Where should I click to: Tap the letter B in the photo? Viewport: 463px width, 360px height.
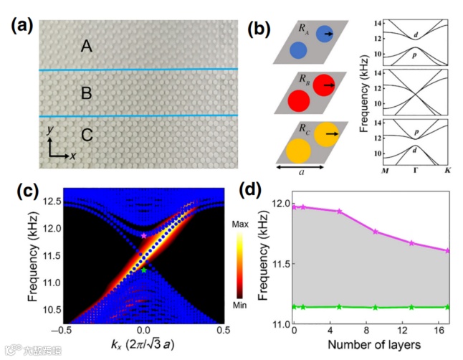[87, 93]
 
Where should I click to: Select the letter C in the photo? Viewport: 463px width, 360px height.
[87, 136]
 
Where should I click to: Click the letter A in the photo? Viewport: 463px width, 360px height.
[87, 47]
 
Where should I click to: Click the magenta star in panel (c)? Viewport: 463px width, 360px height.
[144, 235]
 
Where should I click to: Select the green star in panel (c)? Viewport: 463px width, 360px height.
[144, 270]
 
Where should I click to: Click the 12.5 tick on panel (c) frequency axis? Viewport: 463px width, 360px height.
[49, 203]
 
